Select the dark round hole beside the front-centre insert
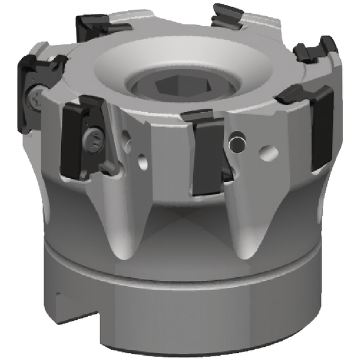click(238, 143)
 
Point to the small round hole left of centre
click(143, 161)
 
